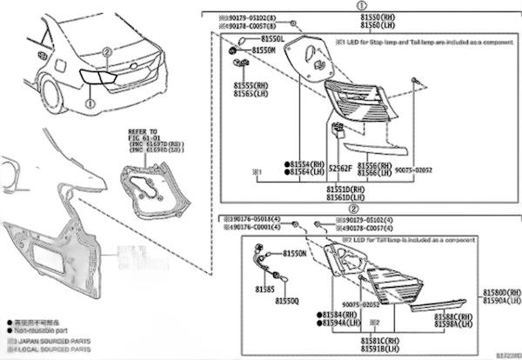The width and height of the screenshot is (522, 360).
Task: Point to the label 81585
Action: point(264,288)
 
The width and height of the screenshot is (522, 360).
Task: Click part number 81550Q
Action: point(288,300)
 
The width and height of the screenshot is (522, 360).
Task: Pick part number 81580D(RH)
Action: point(502,292)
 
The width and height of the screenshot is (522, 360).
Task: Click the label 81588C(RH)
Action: point(452,317)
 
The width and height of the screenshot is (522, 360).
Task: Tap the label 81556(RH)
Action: point(381,164)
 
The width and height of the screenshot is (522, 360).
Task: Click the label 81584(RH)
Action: point(337,313)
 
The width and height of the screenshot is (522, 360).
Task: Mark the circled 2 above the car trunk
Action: point(106,52)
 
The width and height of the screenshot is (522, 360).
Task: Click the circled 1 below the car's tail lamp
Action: point(87,103)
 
